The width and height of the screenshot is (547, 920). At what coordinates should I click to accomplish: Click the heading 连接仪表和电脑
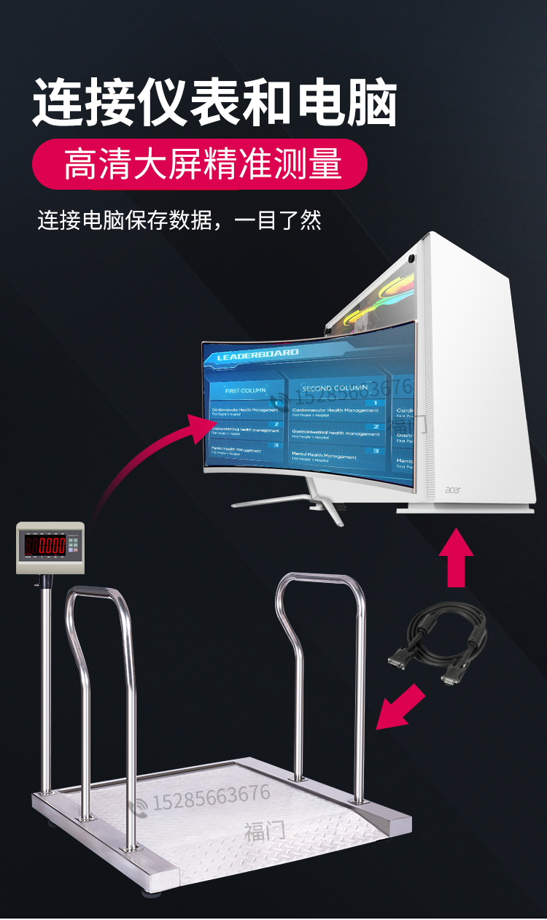(214, 103)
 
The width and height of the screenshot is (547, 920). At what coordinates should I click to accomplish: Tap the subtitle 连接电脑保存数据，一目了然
(179, 220)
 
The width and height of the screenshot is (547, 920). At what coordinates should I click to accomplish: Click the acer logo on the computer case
(454, 490)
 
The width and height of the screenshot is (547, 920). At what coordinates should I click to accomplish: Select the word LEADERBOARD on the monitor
(258, 355)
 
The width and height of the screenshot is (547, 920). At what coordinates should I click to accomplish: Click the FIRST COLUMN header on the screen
(245, 390)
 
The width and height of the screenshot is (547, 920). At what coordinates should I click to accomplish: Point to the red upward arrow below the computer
(456, 557)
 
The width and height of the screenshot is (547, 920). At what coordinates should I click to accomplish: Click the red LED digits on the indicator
(46, 545)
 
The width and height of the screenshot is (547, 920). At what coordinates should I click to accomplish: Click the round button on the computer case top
(412, 258)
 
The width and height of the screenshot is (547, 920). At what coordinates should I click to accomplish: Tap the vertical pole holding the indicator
(46, 679)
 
